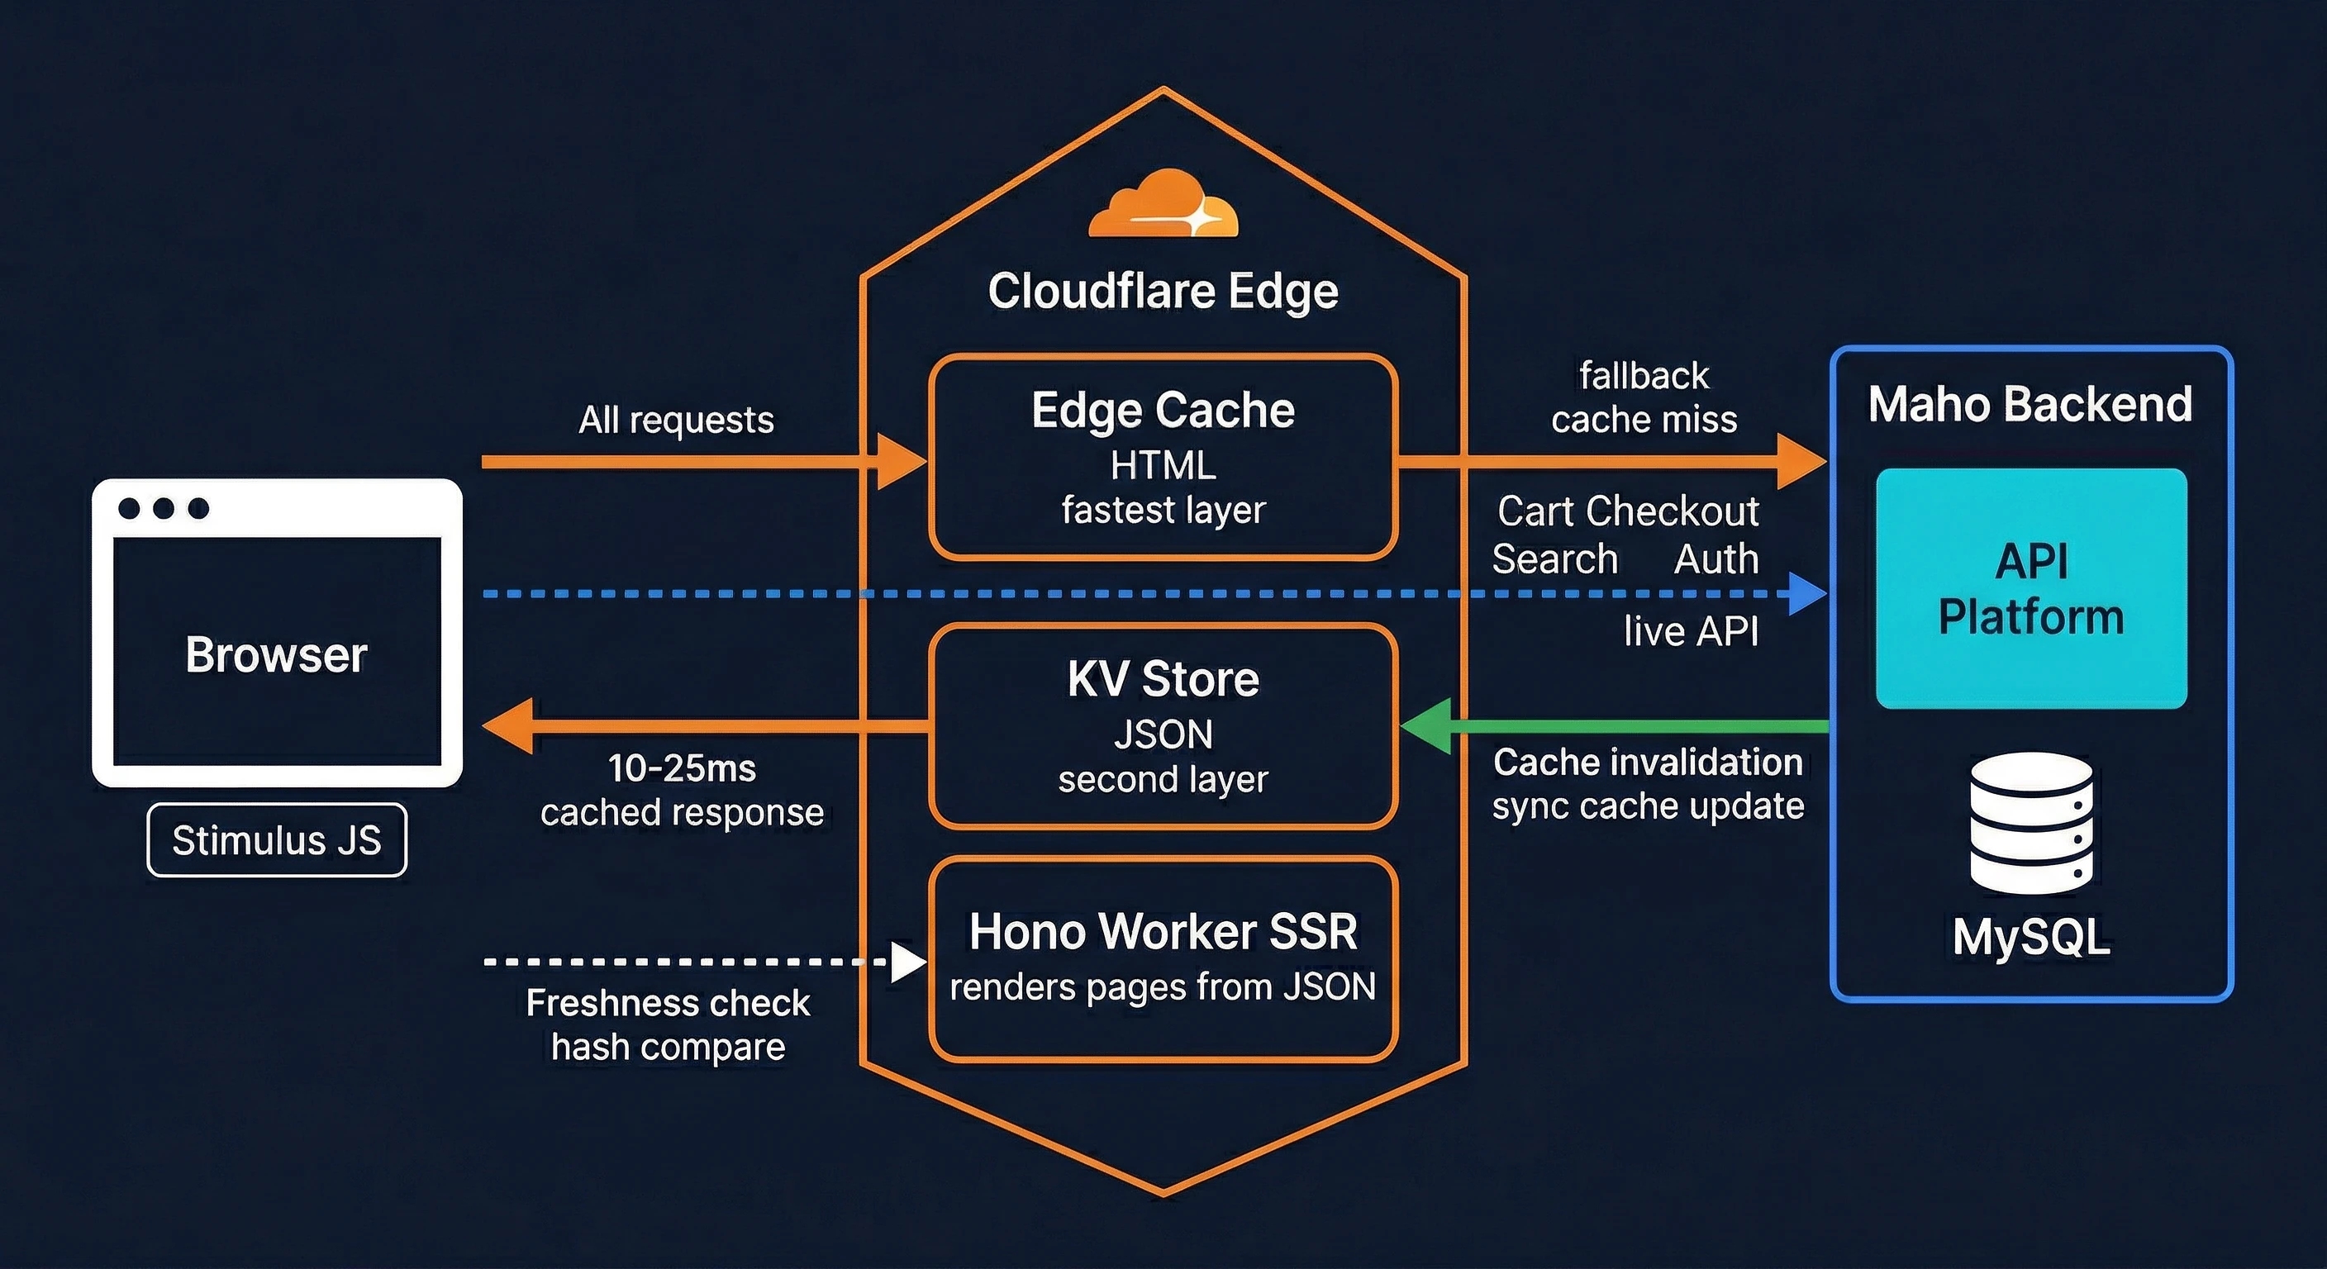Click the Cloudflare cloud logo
[x=1163, y=206]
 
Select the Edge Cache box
[x=1163, y=457]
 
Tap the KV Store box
[x=1163, y=725]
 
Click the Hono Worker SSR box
[x=1163, y=958]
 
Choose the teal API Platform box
[x=2030, y=588]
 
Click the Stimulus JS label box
[x=277, y=840]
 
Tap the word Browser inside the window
[x=277, y=654]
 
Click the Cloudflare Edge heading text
[x=1163, y=291]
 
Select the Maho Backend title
[x=2030, y=403]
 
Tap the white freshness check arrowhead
[x=907, y=962]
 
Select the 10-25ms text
[x=681, y=768]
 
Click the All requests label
[x=676, y=420]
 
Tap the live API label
[x=1690, y=630]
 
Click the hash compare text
[x=668, y=1047]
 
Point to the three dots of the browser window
[x=164, y=508]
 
